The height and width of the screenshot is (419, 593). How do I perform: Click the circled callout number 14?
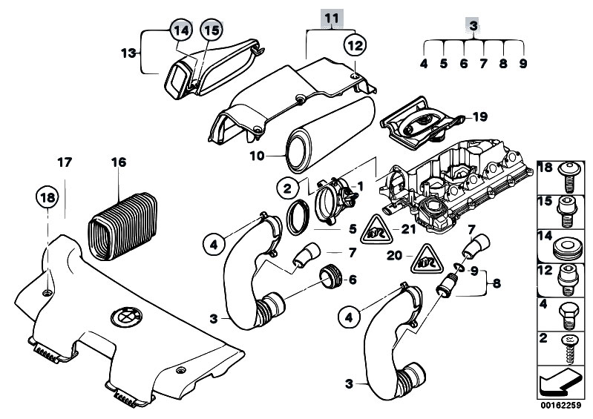coord(180,30)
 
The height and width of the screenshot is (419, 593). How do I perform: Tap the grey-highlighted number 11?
coord(332,16)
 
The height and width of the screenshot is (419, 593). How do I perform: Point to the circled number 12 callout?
coord(356,45)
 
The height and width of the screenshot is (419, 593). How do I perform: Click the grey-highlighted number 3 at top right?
coord(472,26)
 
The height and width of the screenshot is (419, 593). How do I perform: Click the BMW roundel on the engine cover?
coord(122,318)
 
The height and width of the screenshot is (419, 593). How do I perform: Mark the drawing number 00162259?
coord(560,407)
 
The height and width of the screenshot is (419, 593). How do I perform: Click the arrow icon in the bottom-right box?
coord(560,385)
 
